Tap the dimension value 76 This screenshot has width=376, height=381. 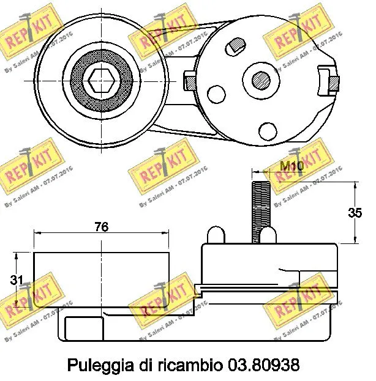pos(101,227)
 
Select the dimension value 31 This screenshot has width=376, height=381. pos(18,280)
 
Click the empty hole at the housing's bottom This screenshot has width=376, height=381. pos(267,130)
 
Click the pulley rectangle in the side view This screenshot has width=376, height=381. pos(101,278)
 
